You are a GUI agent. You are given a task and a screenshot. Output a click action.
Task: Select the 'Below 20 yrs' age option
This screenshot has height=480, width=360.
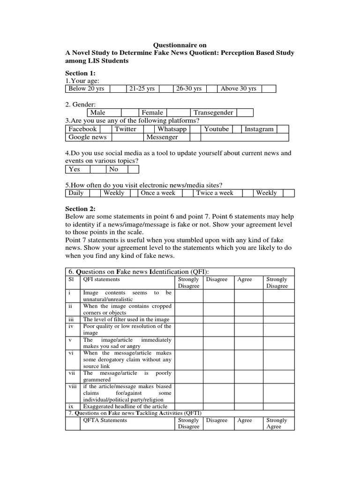pyautogui.click(x=86, y=89)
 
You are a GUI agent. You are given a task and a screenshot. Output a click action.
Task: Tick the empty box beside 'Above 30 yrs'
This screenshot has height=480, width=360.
pyautogui.click(x=269, y=89)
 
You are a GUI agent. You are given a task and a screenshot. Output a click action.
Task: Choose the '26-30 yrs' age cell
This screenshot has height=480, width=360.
pyautogui.click(x=188, y=89)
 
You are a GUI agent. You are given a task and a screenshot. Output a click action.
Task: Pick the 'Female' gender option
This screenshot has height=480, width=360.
pyautogui.click(x=153, y=112)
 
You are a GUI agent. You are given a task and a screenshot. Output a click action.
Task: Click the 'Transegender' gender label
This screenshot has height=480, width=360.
pyautogui.click(x=213, y=112)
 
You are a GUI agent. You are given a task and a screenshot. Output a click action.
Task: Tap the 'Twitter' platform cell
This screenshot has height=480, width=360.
pyautogui.click(x=126, y=129)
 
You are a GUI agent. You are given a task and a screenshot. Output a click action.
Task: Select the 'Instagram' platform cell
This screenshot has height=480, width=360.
pyautogui.click(x=259, y=129)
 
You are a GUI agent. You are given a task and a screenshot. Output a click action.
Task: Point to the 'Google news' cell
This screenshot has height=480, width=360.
pyautogui.click(x=88, y=137)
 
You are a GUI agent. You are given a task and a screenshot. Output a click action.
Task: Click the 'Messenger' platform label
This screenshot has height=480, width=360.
pyautogui.click(x=162, y=137)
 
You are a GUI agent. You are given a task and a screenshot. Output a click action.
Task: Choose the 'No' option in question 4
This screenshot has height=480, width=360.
pyautogui.click(x=114, y=169)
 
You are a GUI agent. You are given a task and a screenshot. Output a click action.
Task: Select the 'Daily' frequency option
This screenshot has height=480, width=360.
pyautogui.click(x=76, y=193)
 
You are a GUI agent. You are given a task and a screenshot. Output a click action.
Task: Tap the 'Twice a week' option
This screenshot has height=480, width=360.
pyautogui.click(x=215, y=193)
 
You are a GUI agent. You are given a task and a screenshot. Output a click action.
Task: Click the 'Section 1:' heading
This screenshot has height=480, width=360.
pyautogui.click(x=80, y=73)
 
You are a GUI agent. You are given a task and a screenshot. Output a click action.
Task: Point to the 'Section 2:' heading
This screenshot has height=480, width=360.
pyautogui.click(x=80, y=209)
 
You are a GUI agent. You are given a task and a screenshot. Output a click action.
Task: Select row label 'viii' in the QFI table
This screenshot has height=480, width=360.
pyautogui.click(x=72, y=386)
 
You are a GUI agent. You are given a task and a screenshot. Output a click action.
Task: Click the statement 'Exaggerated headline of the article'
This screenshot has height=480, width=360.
pyautogui.click(x=125, y=406)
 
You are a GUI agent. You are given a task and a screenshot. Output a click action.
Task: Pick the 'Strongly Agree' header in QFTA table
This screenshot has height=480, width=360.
pyautogui.click(x=277, y=423)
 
